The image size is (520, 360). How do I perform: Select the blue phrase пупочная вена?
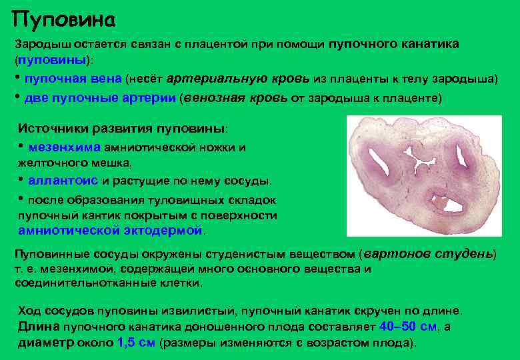coord(73,79)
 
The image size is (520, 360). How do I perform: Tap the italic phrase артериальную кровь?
coord(237,79)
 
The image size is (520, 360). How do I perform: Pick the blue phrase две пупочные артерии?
coord(101,97)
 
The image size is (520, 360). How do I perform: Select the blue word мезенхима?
coord(64,147)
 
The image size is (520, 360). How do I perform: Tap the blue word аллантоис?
coord(63,181)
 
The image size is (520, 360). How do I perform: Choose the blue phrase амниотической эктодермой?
coord(111,231)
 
